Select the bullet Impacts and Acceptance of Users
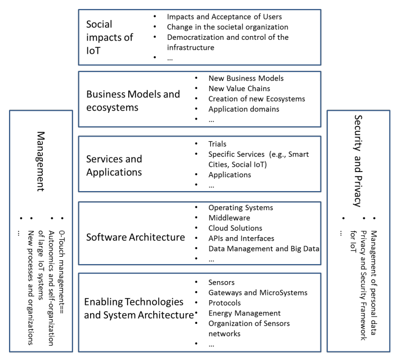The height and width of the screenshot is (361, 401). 224,17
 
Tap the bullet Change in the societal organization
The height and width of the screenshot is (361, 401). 227,27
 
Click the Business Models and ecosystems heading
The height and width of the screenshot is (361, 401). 133,101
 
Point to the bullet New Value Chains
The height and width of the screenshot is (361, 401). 239,88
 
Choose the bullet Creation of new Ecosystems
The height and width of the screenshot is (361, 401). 256,98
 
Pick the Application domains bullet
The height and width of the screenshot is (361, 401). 244,109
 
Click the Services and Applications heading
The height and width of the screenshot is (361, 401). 114,165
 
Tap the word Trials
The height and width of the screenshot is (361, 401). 217,143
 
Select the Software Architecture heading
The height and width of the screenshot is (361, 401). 135,237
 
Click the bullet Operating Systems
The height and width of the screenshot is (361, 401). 240,207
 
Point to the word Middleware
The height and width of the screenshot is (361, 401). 229,218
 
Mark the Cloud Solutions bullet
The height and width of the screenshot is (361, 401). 235,228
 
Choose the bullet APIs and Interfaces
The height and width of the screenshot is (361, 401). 241,238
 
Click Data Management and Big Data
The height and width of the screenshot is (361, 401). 263,248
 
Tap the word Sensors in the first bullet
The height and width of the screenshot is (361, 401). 221,282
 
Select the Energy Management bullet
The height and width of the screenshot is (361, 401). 244,313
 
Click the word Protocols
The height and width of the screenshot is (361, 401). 225,303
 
